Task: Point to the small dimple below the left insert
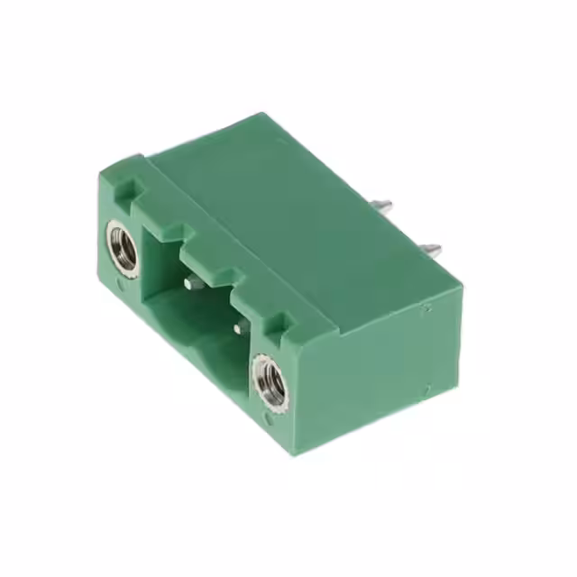(x=124, y=287)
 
